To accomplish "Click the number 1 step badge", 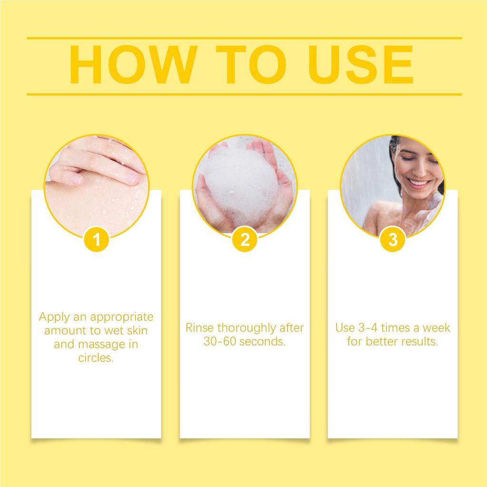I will coord(97,240).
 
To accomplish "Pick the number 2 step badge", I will coord(244,240).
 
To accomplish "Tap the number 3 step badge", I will coord(392,240).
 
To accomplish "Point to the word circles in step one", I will coord(96,358).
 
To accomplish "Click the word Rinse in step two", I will coord(199,328).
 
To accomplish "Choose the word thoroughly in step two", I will coord(251,328).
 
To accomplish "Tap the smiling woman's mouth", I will coord(419,183).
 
